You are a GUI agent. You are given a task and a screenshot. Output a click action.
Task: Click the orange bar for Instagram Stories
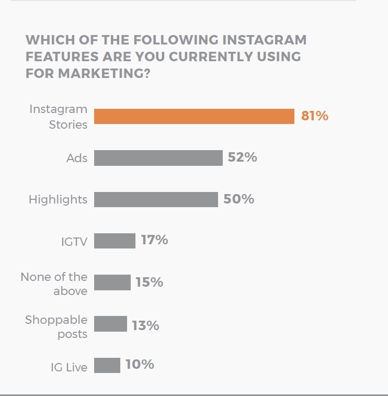coord(194,116)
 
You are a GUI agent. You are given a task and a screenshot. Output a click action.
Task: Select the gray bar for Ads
coord(158,158)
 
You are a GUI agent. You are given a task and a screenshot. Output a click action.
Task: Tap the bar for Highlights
coord(156,199)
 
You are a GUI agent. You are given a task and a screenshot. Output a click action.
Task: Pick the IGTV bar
coord(115,241)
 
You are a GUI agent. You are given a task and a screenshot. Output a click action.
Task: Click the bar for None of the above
coord(112,282)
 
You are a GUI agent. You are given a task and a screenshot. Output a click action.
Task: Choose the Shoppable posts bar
coord(110,324)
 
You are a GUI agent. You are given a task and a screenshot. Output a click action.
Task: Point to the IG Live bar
coord(107,365)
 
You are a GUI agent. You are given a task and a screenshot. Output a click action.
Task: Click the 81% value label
coord(314,116)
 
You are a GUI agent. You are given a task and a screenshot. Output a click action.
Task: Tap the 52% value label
coord(242,157)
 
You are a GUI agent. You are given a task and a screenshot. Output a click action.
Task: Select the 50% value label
coord(238,199)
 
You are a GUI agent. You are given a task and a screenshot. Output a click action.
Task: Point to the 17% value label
coord(154,240)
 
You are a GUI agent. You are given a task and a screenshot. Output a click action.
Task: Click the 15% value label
coord(149,282)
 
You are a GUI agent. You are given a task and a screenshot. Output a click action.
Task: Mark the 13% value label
coord(145,325)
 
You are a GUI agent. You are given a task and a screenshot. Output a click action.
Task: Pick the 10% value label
coord(140,364)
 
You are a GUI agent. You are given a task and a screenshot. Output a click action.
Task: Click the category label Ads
coord(77,158)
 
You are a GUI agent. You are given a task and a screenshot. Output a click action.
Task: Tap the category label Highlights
coord(58,199)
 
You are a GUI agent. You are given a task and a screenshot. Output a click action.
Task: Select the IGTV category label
coord(74,242)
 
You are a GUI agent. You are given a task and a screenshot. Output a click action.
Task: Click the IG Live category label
coord(69,367)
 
